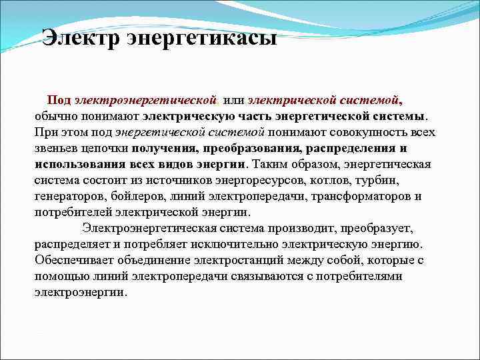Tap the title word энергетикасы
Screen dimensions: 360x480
200,39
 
